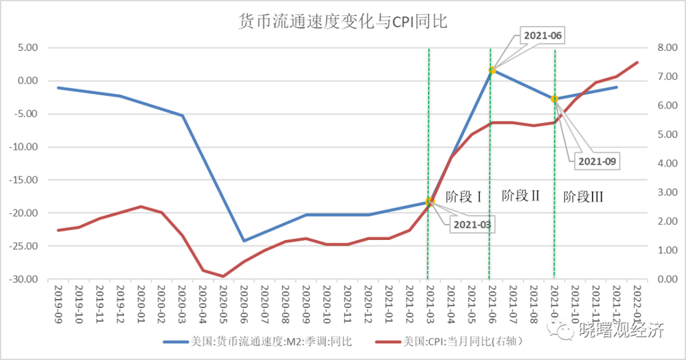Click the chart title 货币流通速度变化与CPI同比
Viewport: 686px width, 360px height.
(x=343, y=22)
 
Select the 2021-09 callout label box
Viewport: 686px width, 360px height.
(x=596, y=161)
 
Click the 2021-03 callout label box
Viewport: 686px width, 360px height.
(x=473, y=224)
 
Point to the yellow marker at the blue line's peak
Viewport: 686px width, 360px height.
(x=492, y=70)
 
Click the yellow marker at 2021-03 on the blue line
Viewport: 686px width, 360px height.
(x=429, y=201)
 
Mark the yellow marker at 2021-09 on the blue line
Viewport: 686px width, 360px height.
(x=554, y=99)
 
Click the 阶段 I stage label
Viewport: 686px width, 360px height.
(x=463, y=197)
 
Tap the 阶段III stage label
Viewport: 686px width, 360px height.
(x=583, y=197)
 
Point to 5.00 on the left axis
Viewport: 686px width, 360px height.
(x=29, y=48)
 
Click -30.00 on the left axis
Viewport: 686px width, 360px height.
(x=25, y=279)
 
